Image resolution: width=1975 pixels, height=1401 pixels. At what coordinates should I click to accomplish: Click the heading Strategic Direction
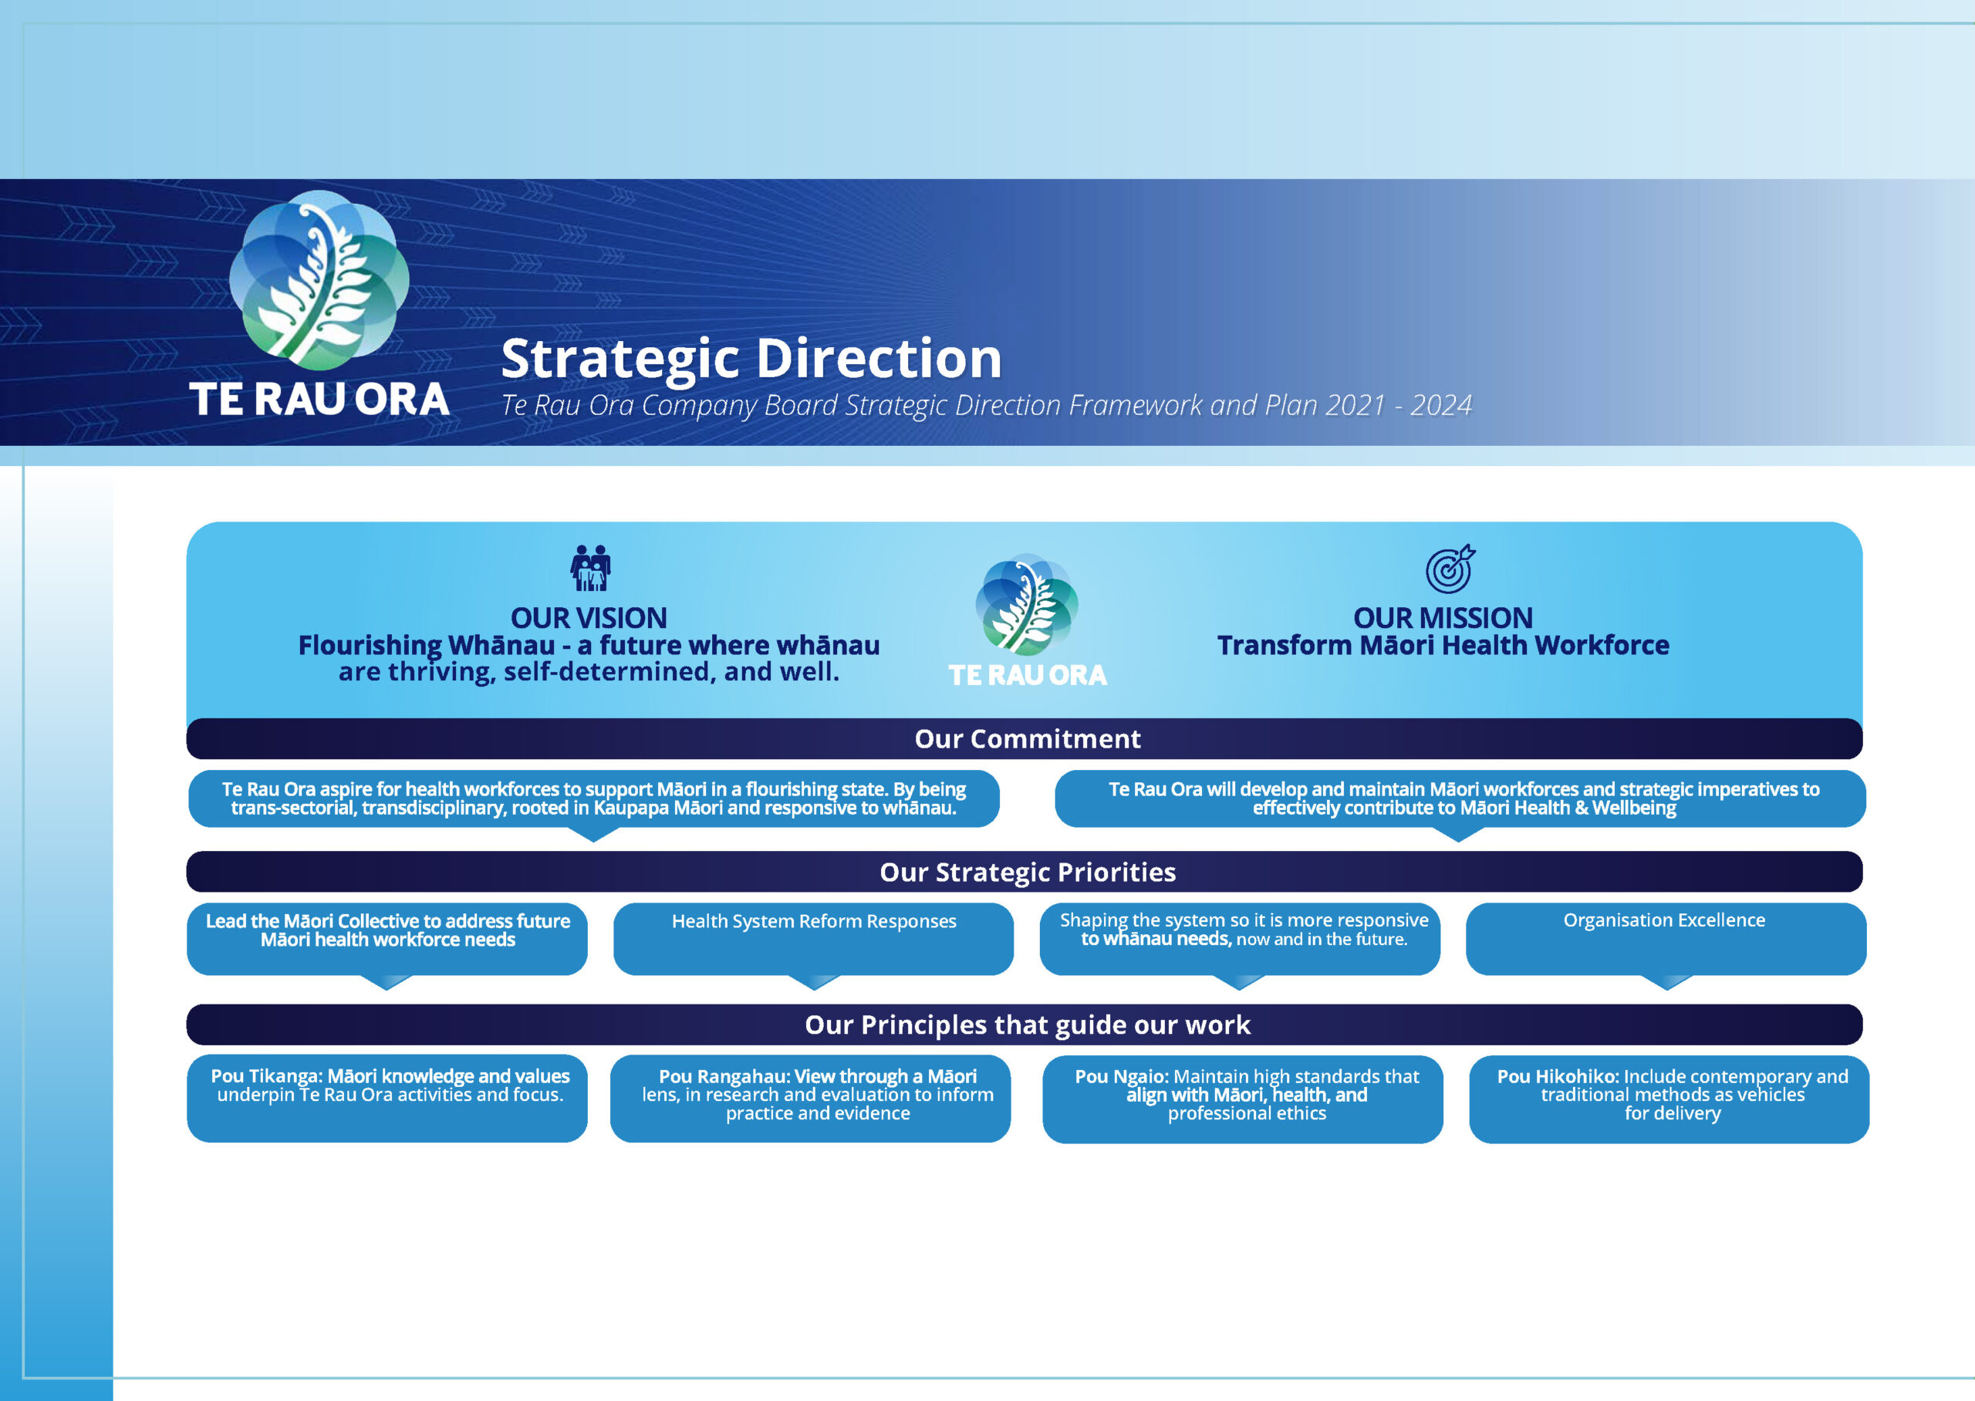pyautogui.click(x=751, y=359)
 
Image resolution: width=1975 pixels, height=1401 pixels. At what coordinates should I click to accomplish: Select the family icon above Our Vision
pyautogui.click(x=591, y=568)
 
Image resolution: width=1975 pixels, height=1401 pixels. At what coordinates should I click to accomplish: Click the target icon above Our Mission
pyautogui.click(x=1450, y=569)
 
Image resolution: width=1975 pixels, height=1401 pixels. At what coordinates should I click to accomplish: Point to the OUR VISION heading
pyautogui.click(x=589, y=618)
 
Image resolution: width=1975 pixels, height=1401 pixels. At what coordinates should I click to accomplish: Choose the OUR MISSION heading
pyautogui.click(x=1443, y=618)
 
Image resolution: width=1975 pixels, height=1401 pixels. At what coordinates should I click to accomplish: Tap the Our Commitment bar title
pyautogui.click(x=1027, y=738)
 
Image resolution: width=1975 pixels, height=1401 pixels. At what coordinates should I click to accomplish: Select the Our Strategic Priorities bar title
pyautogui.click(x=1027, y=873)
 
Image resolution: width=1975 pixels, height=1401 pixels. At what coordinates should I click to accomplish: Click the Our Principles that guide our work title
pyautogui.click(x=1027, y=1025)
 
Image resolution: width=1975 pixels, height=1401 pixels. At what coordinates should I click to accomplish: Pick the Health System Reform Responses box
pyautogui.click(x=813, y=939)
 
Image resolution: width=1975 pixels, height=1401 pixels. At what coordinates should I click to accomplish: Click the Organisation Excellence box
pyautogui.click(x=1666, y=939)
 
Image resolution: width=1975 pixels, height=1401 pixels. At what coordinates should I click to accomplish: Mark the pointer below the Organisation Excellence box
pyautogui.click(x=1666, y=982)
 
